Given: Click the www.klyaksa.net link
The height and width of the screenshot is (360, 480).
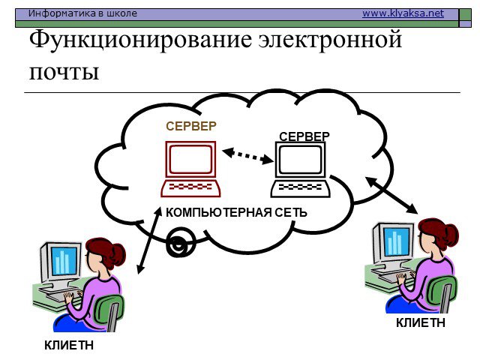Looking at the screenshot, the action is [403, 13].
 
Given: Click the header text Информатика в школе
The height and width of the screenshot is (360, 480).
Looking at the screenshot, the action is [82, 13].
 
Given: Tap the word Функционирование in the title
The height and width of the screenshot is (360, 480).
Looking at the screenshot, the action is [142, 40].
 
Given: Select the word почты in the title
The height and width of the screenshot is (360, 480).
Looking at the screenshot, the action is [64, 73].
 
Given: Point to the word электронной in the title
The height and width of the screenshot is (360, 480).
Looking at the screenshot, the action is [330, 40].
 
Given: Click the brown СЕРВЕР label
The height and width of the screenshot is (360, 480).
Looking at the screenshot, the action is [191, 126].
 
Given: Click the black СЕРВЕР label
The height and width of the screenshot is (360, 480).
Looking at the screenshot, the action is [304, 136].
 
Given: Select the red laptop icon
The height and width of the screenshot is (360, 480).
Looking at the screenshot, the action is [190, 169].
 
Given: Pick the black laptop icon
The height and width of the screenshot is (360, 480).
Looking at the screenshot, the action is [300, 169].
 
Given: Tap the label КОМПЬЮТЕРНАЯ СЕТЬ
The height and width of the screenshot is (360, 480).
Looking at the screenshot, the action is [236, 212].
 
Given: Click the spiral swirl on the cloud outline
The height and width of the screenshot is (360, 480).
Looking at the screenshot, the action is [181, 242].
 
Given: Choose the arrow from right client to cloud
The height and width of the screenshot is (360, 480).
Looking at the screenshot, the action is [391, 195].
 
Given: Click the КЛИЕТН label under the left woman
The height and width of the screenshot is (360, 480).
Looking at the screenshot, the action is [69, 345].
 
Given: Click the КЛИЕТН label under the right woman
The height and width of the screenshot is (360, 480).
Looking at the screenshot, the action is [420, 322].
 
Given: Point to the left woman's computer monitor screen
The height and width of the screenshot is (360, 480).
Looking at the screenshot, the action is [64, 261].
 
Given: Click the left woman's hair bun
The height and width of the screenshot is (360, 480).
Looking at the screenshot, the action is [118, 255].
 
